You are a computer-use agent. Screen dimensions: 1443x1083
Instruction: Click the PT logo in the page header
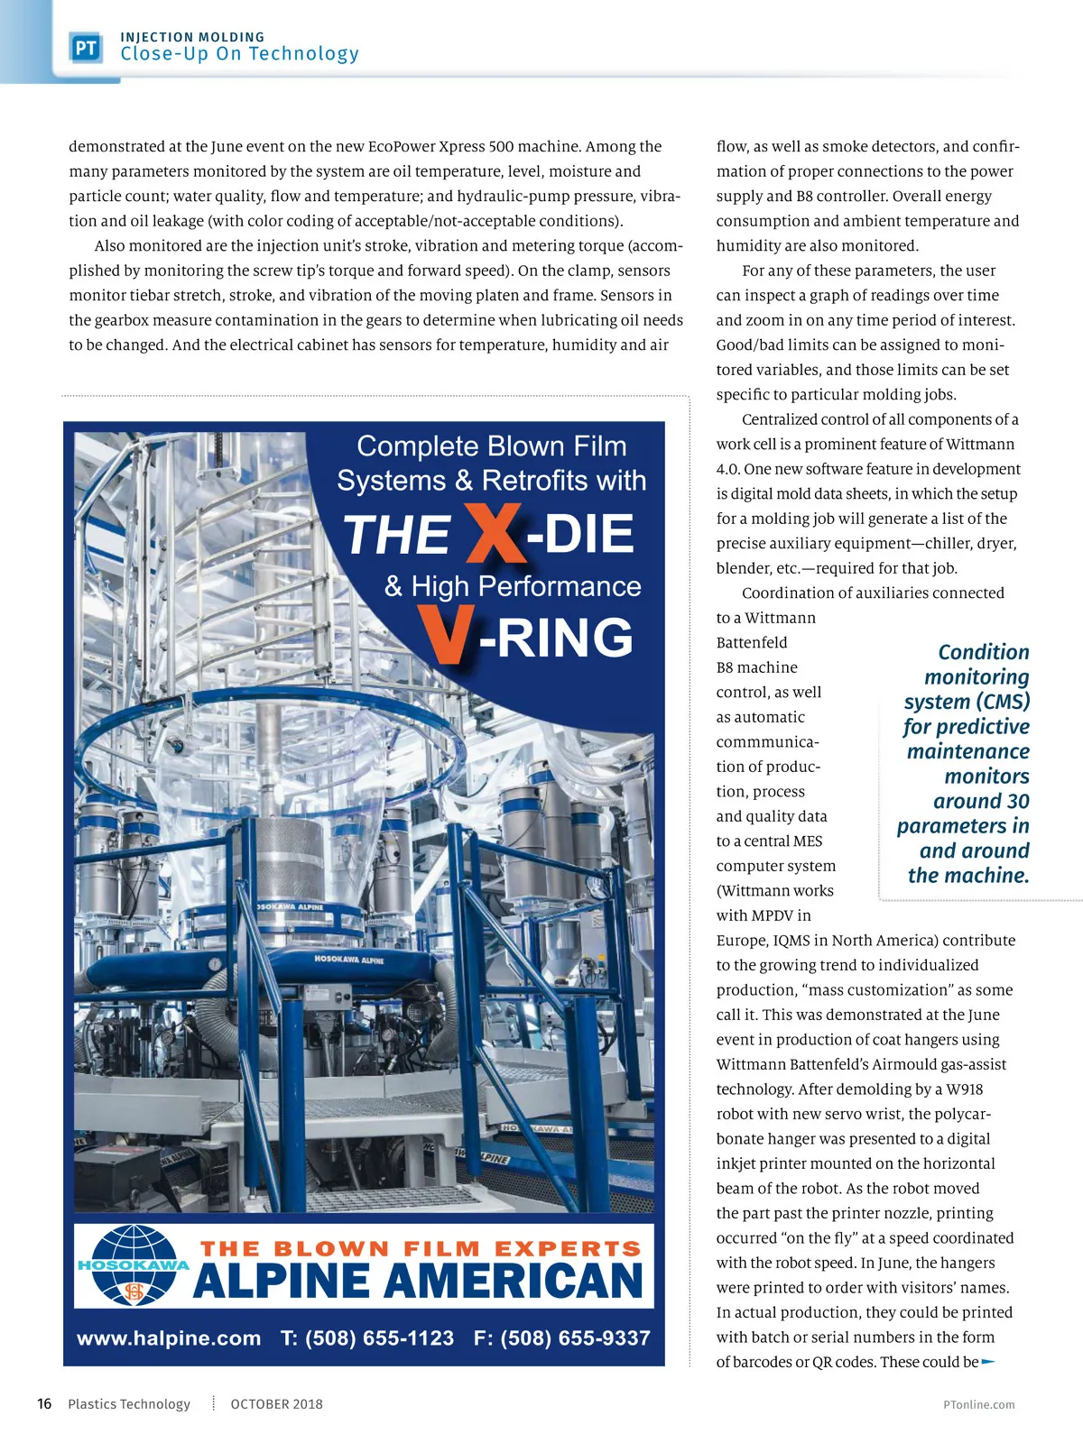point(86,48)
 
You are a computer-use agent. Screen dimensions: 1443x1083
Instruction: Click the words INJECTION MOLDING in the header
point(192,37)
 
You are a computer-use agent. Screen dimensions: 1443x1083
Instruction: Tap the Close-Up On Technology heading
point(239,54)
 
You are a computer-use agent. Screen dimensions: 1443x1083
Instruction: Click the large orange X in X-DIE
point(494,532)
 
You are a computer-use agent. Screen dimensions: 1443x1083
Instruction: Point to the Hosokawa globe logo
point(134,1265)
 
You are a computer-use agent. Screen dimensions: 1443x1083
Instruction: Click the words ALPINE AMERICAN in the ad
point(417,1281)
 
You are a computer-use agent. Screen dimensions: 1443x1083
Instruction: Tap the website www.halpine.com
point(169,1338)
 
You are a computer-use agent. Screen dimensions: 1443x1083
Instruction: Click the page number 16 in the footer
point(44,1404)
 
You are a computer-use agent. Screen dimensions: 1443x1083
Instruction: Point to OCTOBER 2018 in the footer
point(276,1404)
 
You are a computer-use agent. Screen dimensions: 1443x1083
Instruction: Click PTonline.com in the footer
point(978,1405)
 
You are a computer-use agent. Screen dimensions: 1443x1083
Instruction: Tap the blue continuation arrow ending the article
point(988,1362)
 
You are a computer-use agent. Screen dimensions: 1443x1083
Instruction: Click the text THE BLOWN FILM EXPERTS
point(421,1248)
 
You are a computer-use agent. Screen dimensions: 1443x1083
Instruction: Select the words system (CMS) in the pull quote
point(967,702)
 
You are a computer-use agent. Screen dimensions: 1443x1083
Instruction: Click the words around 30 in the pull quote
point(981,801)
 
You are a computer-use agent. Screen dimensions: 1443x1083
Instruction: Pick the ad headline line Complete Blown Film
point(491,446)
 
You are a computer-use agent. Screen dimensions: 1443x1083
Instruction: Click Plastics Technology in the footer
point(129,1404)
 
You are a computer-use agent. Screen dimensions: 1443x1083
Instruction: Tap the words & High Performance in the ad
point(513,586)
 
